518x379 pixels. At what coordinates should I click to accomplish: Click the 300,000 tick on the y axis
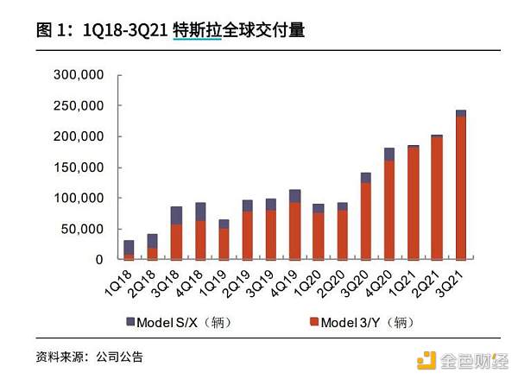click(80, 76)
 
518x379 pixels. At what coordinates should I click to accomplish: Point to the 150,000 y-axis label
click(80, 167)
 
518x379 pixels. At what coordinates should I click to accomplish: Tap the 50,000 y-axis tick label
click(84, 229)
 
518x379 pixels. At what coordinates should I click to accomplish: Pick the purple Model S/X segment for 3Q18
click(176, 215)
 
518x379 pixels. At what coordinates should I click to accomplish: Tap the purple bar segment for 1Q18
click(129, 246)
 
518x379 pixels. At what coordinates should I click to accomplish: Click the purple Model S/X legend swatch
click(130, 322)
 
